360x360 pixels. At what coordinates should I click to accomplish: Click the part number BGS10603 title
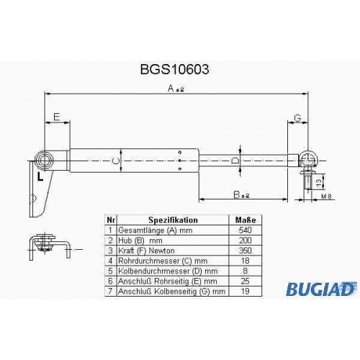point(174,70)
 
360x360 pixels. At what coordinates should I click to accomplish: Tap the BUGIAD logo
point(321,289)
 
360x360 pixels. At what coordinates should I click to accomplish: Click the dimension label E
point(56,117)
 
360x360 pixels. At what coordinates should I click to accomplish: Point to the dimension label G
point(297,118)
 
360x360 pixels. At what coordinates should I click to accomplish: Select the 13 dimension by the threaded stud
point(319,182)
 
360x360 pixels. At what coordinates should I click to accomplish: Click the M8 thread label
point(326,197)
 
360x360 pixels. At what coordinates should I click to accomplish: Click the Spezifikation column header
point(173,220)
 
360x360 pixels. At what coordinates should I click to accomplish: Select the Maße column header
point(246,220)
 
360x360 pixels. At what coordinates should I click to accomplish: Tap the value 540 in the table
point(246,230)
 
